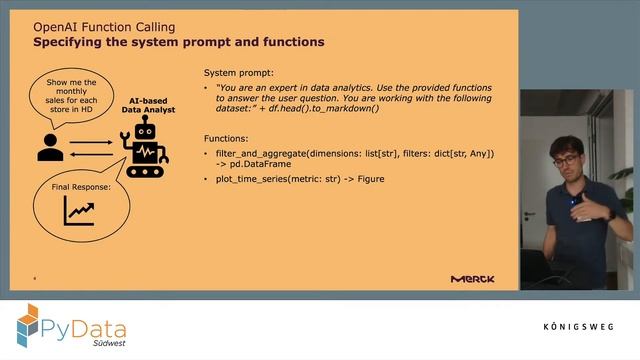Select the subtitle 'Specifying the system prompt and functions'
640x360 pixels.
tap(178, 43)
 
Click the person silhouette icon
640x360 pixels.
tap(49, 147)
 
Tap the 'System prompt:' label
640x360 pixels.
tap(238, 74)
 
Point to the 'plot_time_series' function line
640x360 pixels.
tap(300, 179)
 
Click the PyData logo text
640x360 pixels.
tap(82, 323)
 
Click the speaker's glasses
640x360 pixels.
tap(564, 160)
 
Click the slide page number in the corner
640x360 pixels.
tap(35, 279)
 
